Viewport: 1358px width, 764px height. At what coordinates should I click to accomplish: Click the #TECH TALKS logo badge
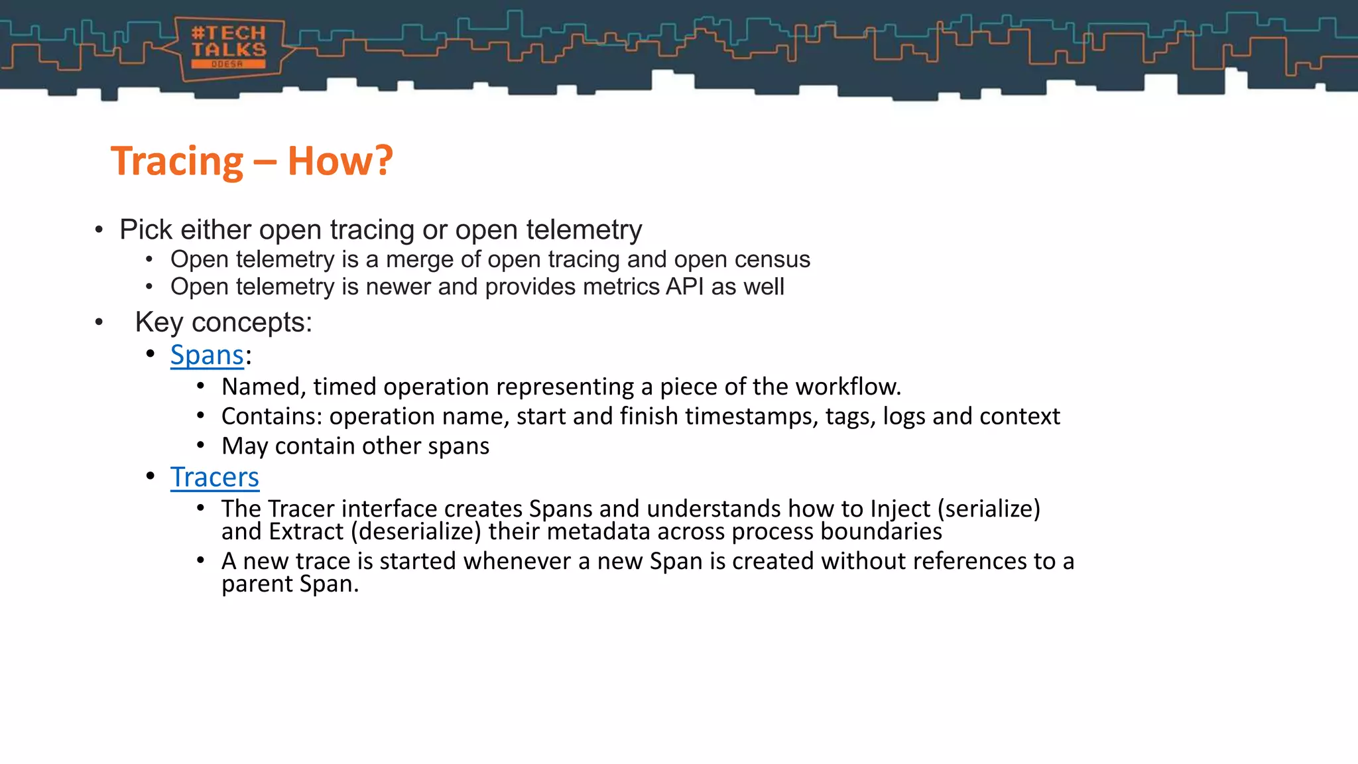coord(229,48)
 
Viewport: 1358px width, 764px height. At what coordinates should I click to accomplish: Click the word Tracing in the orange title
coord(177,161)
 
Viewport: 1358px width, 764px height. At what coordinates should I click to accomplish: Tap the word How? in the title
coord(340,161)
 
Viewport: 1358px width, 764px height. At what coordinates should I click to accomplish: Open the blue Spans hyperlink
coord(207,355)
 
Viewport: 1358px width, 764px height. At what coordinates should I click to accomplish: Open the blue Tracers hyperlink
coord(214,477)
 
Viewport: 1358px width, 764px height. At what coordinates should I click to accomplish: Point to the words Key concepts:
coord(223,322)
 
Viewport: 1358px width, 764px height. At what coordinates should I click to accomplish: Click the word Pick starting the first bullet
coord(146,229)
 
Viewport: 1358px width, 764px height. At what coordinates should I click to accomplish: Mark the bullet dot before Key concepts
coord(99,323)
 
